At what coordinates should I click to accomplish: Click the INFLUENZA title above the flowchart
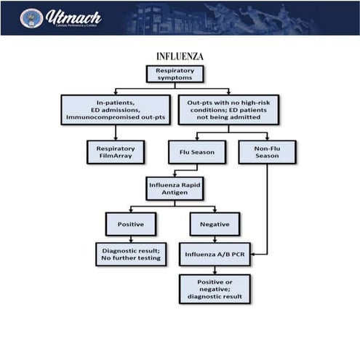pyautogui.click(x=180, y=56)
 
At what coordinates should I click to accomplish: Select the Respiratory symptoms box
pyautogui.click(x=175, y=74)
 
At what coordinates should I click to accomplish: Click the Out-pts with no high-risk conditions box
pyautogui.click(x=228, y=109)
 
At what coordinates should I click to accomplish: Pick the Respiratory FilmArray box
pyautogui.click(x=116, y=151)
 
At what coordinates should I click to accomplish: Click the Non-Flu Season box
pyautogui.click(x=266, y=151)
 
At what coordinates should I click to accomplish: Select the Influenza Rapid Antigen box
pyautogui.click(x=175, y=188)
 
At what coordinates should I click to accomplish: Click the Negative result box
pyautogui.click(x=215, y=224)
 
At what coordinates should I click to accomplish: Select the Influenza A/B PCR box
pyautogui.click(x=216, y=254)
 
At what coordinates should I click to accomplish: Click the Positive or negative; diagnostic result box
pyautogui.click(x=215, y=288)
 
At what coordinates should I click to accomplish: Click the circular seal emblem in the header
pyautogui.click(x=31, y=18)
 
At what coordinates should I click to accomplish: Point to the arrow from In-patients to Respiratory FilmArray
pyautogui.click(x=116, y=132)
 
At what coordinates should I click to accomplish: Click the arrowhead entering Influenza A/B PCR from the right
pyautogui.click(x=255, y=254)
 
